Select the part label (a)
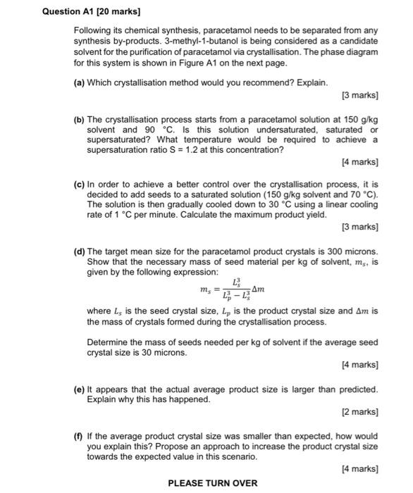79,82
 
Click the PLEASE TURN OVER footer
212,483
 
